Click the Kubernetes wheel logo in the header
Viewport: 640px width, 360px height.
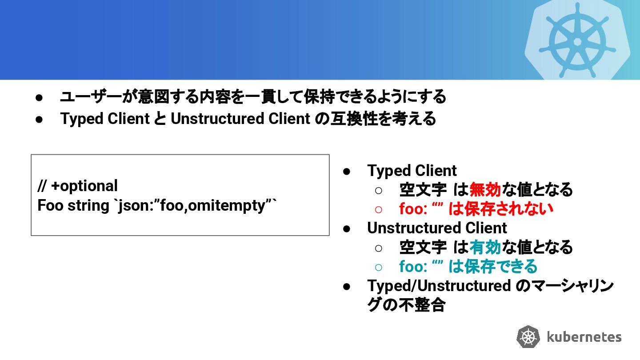[577, 41]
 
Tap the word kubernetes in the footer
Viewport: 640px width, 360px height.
[584, 336]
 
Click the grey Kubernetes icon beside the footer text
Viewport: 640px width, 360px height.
[528, 337]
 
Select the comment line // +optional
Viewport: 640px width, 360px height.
[78, 186]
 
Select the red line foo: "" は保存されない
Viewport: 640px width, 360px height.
[476, 209]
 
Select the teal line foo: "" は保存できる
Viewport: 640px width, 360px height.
[468, 266]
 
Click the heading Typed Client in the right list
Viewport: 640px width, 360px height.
[412, 171]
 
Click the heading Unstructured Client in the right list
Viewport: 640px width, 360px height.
[437, 228]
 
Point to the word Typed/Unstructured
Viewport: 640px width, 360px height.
[439, 285]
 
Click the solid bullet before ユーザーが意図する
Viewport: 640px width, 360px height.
[39, 97]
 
